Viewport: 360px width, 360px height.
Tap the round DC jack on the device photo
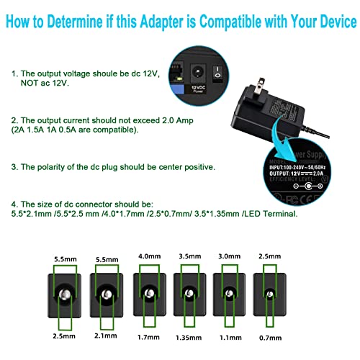[196, 72]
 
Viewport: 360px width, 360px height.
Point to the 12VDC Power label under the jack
[197, 90]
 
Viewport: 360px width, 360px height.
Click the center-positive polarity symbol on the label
[311, 186]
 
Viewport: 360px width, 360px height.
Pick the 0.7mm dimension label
[270, 335]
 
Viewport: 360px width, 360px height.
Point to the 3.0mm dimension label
[230, 256]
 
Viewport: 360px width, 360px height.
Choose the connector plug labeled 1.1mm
[230, 295]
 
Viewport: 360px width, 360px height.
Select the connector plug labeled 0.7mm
[269, 295]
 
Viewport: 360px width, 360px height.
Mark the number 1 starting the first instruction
[13, 73]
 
